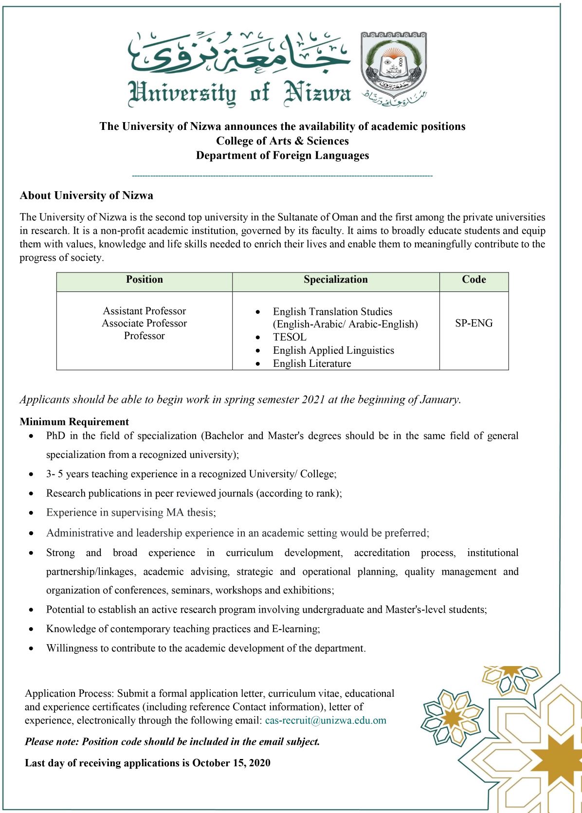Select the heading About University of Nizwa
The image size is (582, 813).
point(86,196)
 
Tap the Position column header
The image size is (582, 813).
point(144,280)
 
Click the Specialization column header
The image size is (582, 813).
point(335,280)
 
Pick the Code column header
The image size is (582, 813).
point(473,280)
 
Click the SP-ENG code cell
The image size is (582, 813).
point(473,323)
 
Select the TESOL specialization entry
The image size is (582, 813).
point(290,337)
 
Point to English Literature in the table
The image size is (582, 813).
point(312,363)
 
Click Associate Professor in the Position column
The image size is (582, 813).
point(144,323)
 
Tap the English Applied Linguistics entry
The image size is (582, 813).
point(333,350)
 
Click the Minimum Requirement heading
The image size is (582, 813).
point(74,422)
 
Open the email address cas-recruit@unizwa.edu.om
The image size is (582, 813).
point(326,721)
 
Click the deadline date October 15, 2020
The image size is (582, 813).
point(231,763)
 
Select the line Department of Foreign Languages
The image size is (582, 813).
point(282,156)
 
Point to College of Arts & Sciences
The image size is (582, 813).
point(282,141)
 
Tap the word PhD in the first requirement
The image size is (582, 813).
point(55,436)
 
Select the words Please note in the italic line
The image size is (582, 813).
point(52,742)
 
